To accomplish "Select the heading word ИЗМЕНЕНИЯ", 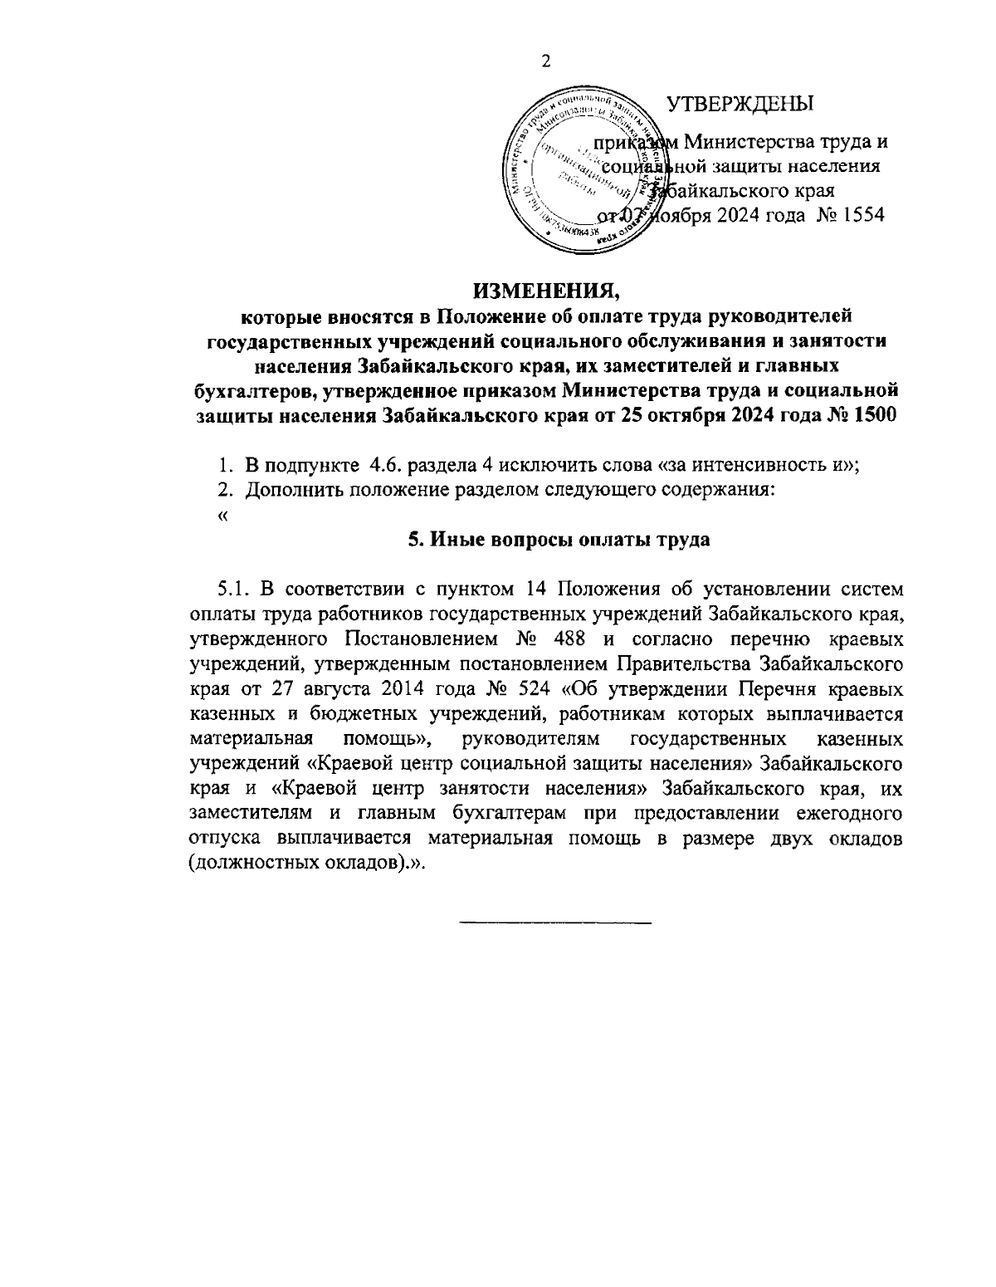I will point(547,291).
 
